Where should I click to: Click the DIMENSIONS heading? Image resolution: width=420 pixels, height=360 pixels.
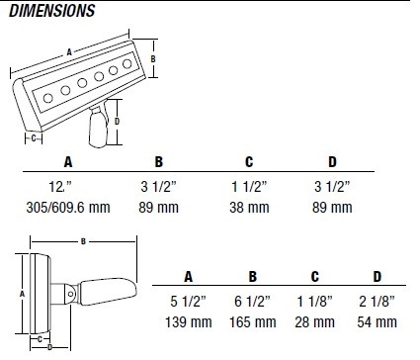tap(51, 11)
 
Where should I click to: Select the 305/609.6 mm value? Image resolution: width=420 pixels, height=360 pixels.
tap(68, 208)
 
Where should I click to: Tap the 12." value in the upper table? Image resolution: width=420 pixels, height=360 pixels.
tap(60, 187)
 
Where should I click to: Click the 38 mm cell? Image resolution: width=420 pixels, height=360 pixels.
tap(249, 208)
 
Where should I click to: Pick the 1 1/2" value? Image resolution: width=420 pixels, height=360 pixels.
tap(249, 187)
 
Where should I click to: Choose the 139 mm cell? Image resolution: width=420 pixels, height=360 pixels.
tap(189, 322)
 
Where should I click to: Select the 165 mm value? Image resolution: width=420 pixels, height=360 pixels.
tap(253, 322)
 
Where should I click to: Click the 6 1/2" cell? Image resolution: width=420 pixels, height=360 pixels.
tap(252, 302)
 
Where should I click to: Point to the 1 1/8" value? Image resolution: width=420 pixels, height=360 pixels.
tap(314, 302)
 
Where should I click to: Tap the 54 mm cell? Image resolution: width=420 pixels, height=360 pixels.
tap(378, 322)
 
